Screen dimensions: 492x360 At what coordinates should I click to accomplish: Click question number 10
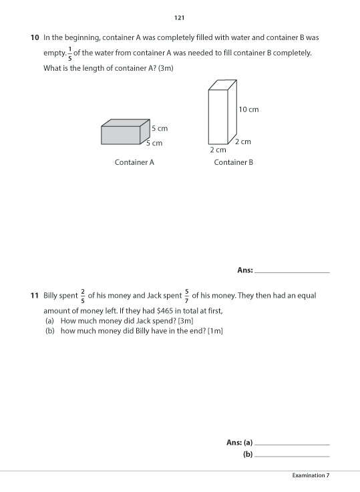(x=35, y=38)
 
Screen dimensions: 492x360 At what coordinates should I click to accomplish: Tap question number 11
(x=35, y=295)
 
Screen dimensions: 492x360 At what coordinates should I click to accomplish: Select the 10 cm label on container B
(x=248, y=109)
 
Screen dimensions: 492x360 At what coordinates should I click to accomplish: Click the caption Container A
(x=134, y=162)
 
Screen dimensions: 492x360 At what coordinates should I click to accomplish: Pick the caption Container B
(x=233, y=162)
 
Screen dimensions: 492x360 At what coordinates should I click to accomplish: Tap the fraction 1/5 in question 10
(x=70, y=53)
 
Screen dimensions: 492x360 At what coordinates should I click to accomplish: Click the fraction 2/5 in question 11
(x=82, y=295)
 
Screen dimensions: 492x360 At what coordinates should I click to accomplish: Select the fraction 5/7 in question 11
(x=186, y=295)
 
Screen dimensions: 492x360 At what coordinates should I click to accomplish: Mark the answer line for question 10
(x=292, y=272)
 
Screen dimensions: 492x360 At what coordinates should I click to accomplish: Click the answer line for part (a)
(x=292, y=444)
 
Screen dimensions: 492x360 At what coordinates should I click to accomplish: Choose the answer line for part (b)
(x=292, y=455)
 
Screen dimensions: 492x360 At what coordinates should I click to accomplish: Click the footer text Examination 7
(x=311, y=475)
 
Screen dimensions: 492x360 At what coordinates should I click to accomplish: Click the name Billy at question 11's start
(x=52, y=295)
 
